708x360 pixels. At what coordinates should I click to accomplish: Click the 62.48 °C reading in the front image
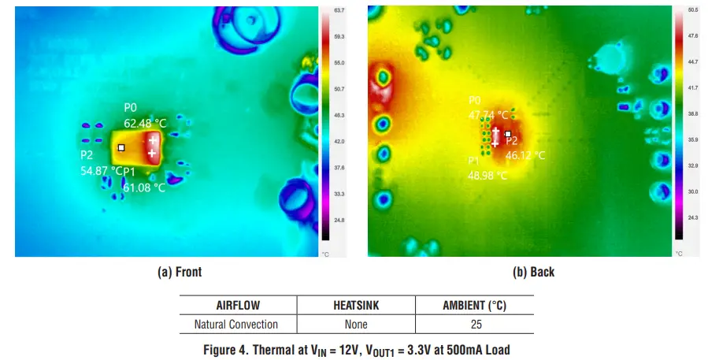pyautogui.click(x=145, y=123)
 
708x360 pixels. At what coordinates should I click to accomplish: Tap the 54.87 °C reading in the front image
pyautogui.click(x=102, y=170)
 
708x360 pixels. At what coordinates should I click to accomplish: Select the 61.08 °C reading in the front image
pyautogui.click(x=144, y=187)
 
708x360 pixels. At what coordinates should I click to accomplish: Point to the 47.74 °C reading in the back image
pyautogui.click(x=489, y=114)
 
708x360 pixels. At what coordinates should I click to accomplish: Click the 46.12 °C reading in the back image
pyautogui.click(x=525, y=155)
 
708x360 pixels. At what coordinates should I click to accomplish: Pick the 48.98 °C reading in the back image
pyautogui.click(x=488, y=175)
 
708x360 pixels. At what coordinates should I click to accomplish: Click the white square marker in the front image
pyautogui.click(x=120, y=147)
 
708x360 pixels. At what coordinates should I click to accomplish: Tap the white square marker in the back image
pyautogui.click(x=508, y=134)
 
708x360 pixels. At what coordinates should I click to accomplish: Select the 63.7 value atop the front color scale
pyautogui.click(x=339, y=11)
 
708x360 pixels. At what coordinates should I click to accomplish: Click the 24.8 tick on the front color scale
pyautogui.click(x=339, y=220)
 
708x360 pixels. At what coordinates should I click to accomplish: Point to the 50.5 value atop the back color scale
pyautogui.click(x=693, y=11)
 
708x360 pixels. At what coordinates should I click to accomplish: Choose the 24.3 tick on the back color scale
pyautogui.click(x=693, y=217)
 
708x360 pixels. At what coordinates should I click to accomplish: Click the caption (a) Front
pyautogui.click(x=180, y=273)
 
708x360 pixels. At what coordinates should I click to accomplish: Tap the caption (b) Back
pyautogui.click(x=533, y=273)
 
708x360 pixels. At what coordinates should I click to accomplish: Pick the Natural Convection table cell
pyautogui.click(x=235, y=324)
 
